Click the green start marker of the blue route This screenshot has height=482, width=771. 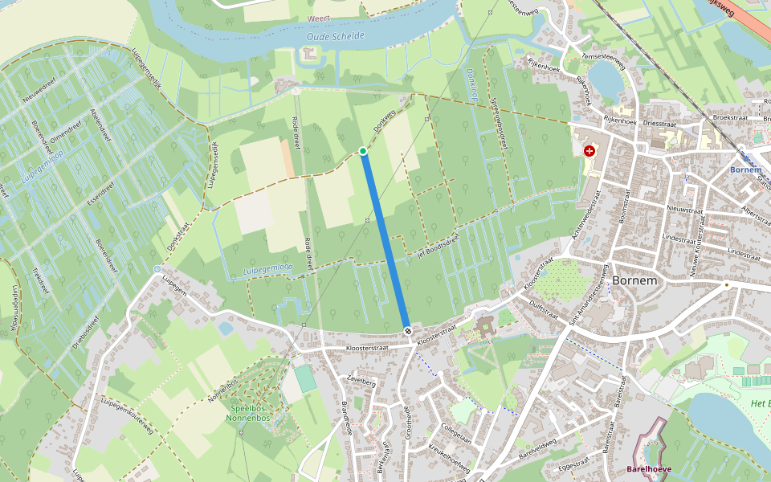point(363,151)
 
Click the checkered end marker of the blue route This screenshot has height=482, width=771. point(408,331)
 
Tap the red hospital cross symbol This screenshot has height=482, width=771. point(589,151)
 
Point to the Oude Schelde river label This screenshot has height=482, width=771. point(336,36)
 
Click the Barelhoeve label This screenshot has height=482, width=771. point(650,468)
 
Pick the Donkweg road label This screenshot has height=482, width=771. point(385,121)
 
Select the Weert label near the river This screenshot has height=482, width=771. point(319,18)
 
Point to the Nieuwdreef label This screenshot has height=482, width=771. point(38,99)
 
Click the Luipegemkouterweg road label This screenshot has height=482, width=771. point(127,416)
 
